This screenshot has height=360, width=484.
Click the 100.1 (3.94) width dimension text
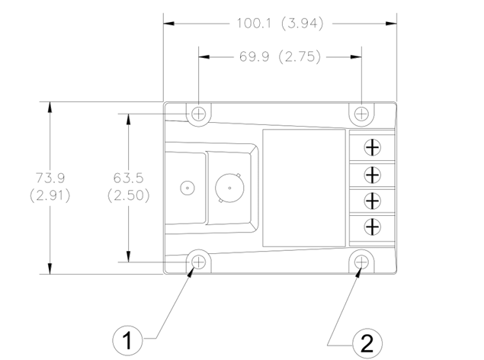tap(280, 24)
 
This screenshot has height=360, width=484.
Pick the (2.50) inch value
tap(129, 195)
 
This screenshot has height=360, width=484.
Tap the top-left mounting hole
tap(199, 114)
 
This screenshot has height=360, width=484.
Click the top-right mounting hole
tap(361, 114)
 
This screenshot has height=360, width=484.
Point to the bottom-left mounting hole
tap(199, 262)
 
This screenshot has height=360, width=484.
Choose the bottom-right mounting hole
tap(361, 262)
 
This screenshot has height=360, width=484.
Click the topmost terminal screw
tap(372, 146)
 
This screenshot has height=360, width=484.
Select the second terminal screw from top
tap(372, 174)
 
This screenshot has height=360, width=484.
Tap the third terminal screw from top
tap(372, 200)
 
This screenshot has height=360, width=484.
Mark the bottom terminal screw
tap(372, 227)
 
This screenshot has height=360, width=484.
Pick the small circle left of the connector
tap(186, 187)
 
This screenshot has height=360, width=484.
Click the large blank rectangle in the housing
tap(303, 187)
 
